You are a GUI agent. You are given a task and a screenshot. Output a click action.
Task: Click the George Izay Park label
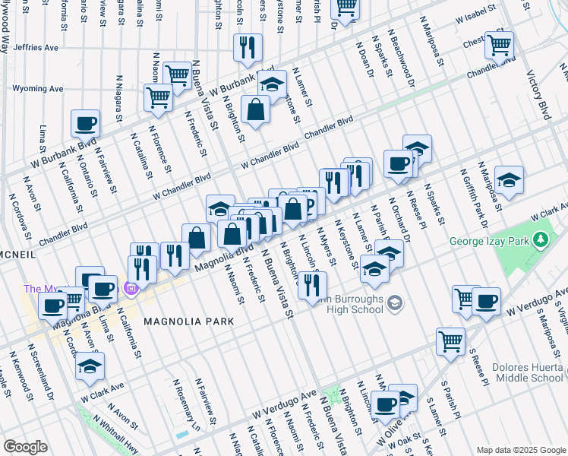(x=489, y=242)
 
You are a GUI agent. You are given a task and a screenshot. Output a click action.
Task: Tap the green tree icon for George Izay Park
(x=540, y=241)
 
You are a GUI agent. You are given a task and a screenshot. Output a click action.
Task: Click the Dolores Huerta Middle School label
(x=527, y=372)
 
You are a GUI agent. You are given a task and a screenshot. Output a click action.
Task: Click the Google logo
(x=25, y=447)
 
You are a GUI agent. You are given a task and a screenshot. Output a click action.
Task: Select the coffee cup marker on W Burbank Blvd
(x=85, y=122)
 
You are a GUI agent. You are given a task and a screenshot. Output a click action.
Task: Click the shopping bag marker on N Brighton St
(x=256, y=109)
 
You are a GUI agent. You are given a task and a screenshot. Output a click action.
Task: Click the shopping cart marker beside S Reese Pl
(x=451, y=342)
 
